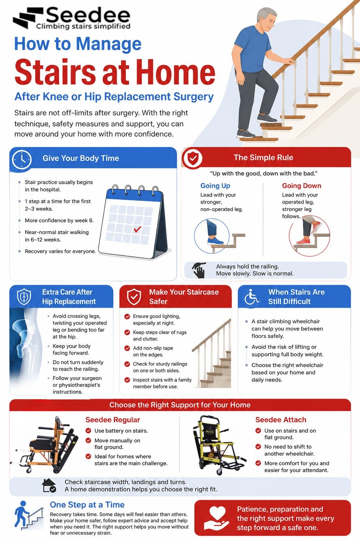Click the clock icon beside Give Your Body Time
[x=22, y=160]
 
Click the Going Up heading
[x=215, y=186]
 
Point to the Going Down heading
[x=301, y=186]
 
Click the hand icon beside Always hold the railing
[x=199, y=270]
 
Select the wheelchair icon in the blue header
[x=251, y=296]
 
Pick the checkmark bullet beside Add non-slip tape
[x=127, y=348]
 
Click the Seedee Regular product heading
[x=112, y=420]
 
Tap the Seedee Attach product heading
[x=281, y=420]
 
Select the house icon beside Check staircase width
[x=49, y=485]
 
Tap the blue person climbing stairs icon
[x=28, y=515]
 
